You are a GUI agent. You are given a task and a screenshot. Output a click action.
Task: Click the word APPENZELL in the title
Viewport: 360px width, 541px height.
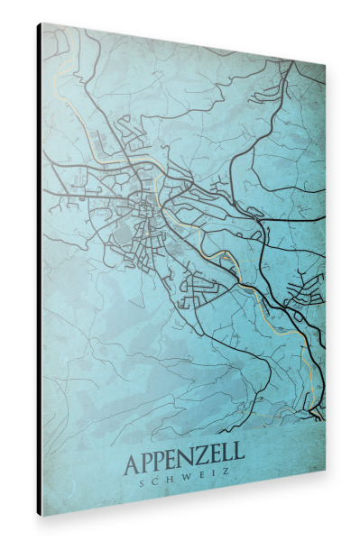(183, 463)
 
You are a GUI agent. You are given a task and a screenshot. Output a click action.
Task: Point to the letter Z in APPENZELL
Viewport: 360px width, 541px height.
(208, 463)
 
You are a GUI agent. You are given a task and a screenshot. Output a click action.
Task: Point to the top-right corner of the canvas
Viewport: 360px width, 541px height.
(325, 66)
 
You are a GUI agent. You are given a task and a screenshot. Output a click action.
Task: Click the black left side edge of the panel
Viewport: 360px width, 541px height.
(39, 270)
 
